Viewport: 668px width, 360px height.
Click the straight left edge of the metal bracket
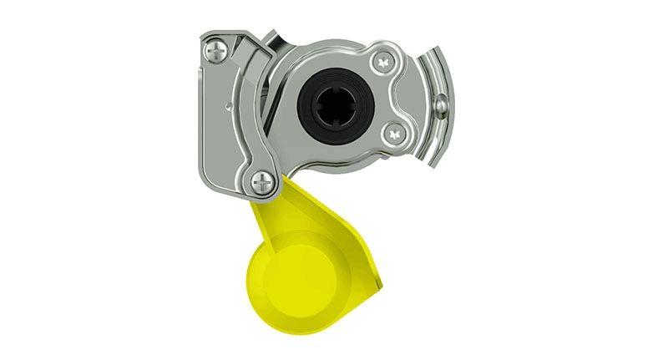pyautogui.click(x=201, y=117)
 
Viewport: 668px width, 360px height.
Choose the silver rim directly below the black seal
pyautogui.click(x=334, y=150)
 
